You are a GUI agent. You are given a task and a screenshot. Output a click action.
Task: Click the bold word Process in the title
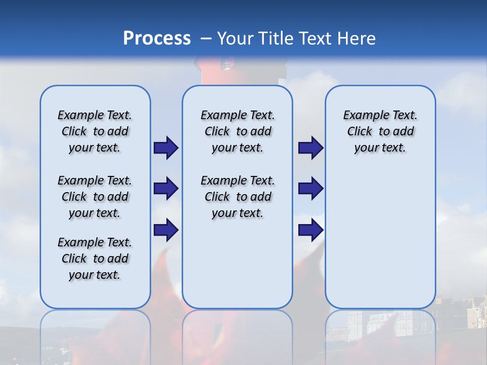coord(157,38)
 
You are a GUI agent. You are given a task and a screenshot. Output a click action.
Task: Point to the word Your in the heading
coord(236,38)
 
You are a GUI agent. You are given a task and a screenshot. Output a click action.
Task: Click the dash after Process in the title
coord(206,39)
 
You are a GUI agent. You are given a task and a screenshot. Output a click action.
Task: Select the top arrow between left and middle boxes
coord(166,148)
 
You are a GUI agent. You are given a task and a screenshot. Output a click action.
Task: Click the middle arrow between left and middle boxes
coord(166,189)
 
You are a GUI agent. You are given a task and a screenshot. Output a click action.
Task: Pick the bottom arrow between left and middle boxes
coord(166,230)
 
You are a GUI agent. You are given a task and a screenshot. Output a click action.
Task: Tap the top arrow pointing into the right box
coord(310,148)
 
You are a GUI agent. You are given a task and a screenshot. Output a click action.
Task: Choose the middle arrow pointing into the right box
coord(310,189)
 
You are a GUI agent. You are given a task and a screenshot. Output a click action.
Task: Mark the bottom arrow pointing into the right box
coord(310,230)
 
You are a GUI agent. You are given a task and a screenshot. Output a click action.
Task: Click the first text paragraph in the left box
coord(95,131)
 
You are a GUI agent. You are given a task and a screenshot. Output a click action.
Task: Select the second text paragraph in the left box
coord(95,197)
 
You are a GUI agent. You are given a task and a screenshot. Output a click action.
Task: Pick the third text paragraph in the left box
coord(95,259)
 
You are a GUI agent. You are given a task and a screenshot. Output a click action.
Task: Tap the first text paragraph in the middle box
coord(237,131)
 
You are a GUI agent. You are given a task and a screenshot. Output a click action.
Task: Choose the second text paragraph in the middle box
coord(237,197)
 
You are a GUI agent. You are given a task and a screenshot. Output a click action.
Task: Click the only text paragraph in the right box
coord(380,131)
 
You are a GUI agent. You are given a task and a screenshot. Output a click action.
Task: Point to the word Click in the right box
coord(360,131)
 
